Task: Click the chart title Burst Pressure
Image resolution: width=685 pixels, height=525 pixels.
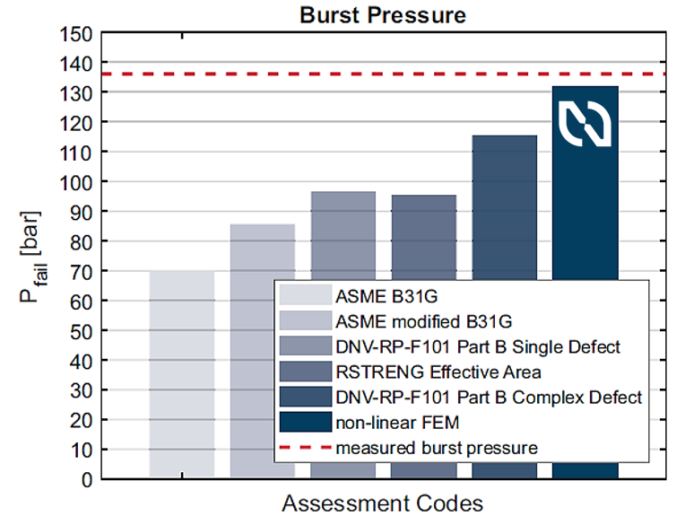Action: (383, 15)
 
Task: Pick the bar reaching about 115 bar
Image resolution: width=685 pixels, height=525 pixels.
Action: (504, 206)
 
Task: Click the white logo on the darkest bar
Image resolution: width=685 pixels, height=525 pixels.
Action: (585, 124)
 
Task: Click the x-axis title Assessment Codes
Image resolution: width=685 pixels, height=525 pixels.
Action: (383, 504)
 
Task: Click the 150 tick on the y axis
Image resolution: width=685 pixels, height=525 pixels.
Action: (77, 34)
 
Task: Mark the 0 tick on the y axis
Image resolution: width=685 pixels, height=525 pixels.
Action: (87, 479)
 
